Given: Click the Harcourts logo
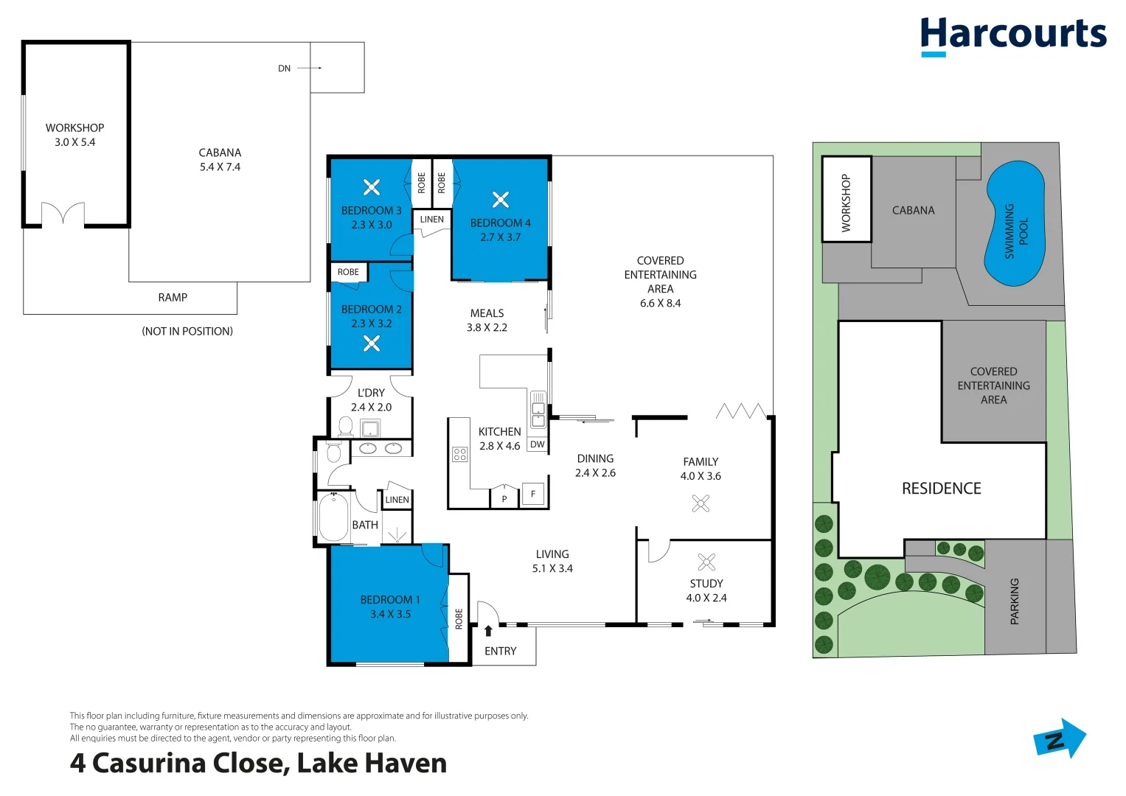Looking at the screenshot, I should [1013, 35].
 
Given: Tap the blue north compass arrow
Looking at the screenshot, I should [1061, 739].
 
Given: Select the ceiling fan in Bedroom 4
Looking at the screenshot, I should [501, 199].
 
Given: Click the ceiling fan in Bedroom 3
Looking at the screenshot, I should [372, 187].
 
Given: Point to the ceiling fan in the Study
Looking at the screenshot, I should [706, 562].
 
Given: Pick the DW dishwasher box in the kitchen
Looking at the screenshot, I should [538, 444].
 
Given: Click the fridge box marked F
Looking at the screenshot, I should [533, 494].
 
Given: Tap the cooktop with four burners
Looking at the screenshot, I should [460, 454].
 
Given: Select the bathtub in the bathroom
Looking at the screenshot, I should [333, 517].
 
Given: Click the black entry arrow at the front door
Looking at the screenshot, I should [488, 631].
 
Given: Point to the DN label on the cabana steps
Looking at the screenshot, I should [285, 69].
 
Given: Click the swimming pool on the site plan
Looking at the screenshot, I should [1015, 223].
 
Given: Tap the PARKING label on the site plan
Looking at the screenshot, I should [1015, 601].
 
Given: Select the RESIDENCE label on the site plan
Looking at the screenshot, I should [941, 489].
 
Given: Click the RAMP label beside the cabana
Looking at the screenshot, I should [173, 298].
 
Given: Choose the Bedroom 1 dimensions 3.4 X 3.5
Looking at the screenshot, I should [390, 614].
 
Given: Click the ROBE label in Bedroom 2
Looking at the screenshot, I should [348, 272].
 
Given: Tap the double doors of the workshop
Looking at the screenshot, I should [63, 214].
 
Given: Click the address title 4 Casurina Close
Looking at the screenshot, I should [258, 764].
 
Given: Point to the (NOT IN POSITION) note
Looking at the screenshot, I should [187, 332].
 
